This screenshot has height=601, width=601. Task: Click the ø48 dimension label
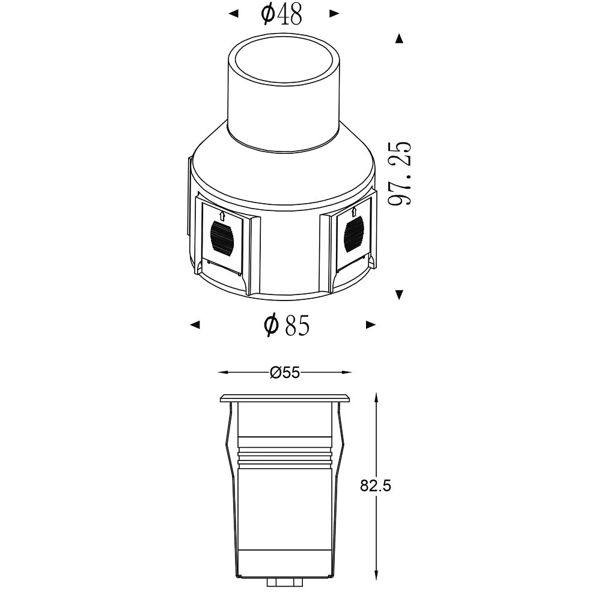click(x=281, y=14)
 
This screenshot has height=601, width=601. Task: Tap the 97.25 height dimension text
click(x=400, y=173)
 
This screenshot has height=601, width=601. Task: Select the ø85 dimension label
click(x=287, y=325)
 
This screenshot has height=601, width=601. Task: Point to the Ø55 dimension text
click(x=285, y=372)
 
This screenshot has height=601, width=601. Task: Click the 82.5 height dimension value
click(x=375, y=486)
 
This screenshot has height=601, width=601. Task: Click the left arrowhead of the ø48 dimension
click(x=233, y=14)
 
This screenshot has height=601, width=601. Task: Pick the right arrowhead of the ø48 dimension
click(x=334, y=14)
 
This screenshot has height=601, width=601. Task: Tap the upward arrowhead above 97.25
click(x=400, y=38)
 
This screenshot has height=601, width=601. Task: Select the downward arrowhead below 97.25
click(x=400, y=294)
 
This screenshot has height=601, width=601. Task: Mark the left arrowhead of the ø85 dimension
click(x=195, y=325)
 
